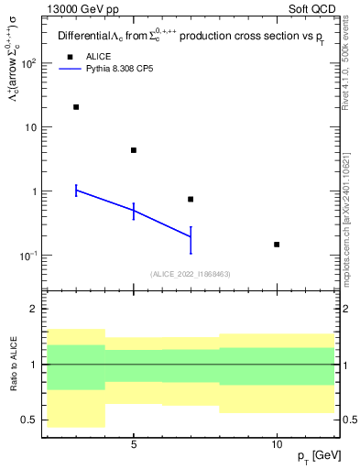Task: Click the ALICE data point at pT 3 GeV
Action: pos(76,107)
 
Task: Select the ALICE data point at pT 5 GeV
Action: pos(134,150)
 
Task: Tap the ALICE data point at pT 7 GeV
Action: pos(191,199)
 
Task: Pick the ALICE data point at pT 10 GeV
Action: pos(277,245)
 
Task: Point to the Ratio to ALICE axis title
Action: pos(16,364)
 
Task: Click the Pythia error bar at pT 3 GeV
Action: pos(76,190)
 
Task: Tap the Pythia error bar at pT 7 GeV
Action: pos(191,238)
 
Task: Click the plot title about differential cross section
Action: pos(189,38)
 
